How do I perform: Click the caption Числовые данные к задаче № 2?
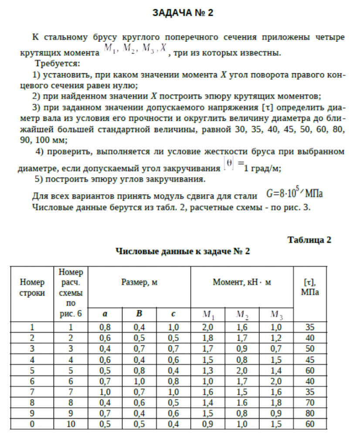[x=183, y=251]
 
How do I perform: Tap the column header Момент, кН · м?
[x=242, y=282]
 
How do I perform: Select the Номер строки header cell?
[x=33, y=287]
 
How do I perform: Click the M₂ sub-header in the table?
[x=242, y=314]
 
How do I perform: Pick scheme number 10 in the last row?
[x=72, y=422]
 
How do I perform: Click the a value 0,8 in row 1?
[x=105, y=327]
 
